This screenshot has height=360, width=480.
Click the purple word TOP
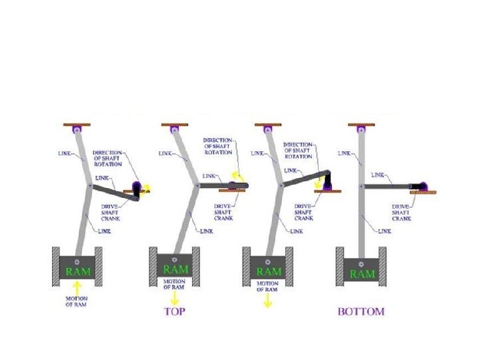pyautogui.click(x=174, y=311)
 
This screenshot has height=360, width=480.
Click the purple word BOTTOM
pyautogui.click(x=361, y=311)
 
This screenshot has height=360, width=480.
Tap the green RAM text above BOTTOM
pyautogui.click(x=362, y=273)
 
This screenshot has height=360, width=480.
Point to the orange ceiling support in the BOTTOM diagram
pyautogui.click(x=361, y=124)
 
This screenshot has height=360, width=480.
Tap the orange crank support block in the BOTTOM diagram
pyautogui.click(x=423, y=193)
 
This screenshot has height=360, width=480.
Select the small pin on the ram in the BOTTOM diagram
pyautogui.click(x=361, y=261)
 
